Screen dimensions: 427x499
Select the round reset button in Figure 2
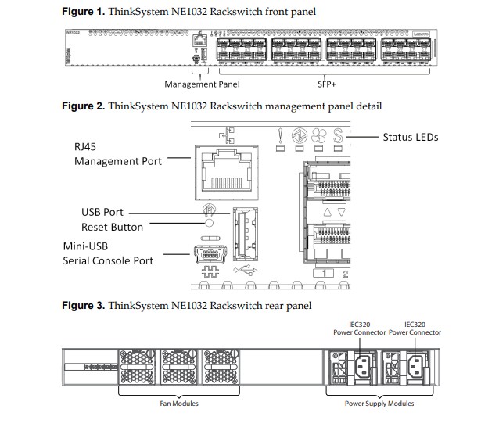pos(209,224)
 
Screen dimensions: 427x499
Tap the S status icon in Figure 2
pos(339,137)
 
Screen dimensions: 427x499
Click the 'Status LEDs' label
pos(410,137)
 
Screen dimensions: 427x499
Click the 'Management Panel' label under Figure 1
pos(201,84)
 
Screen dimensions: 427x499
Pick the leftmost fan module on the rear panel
pos(138,365)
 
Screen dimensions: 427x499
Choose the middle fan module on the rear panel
pos(181,365)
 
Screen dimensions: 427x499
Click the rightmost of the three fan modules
pos(224,365)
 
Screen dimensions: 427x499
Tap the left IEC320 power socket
pos(366,365)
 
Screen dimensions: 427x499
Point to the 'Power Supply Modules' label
pos(379,404)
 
